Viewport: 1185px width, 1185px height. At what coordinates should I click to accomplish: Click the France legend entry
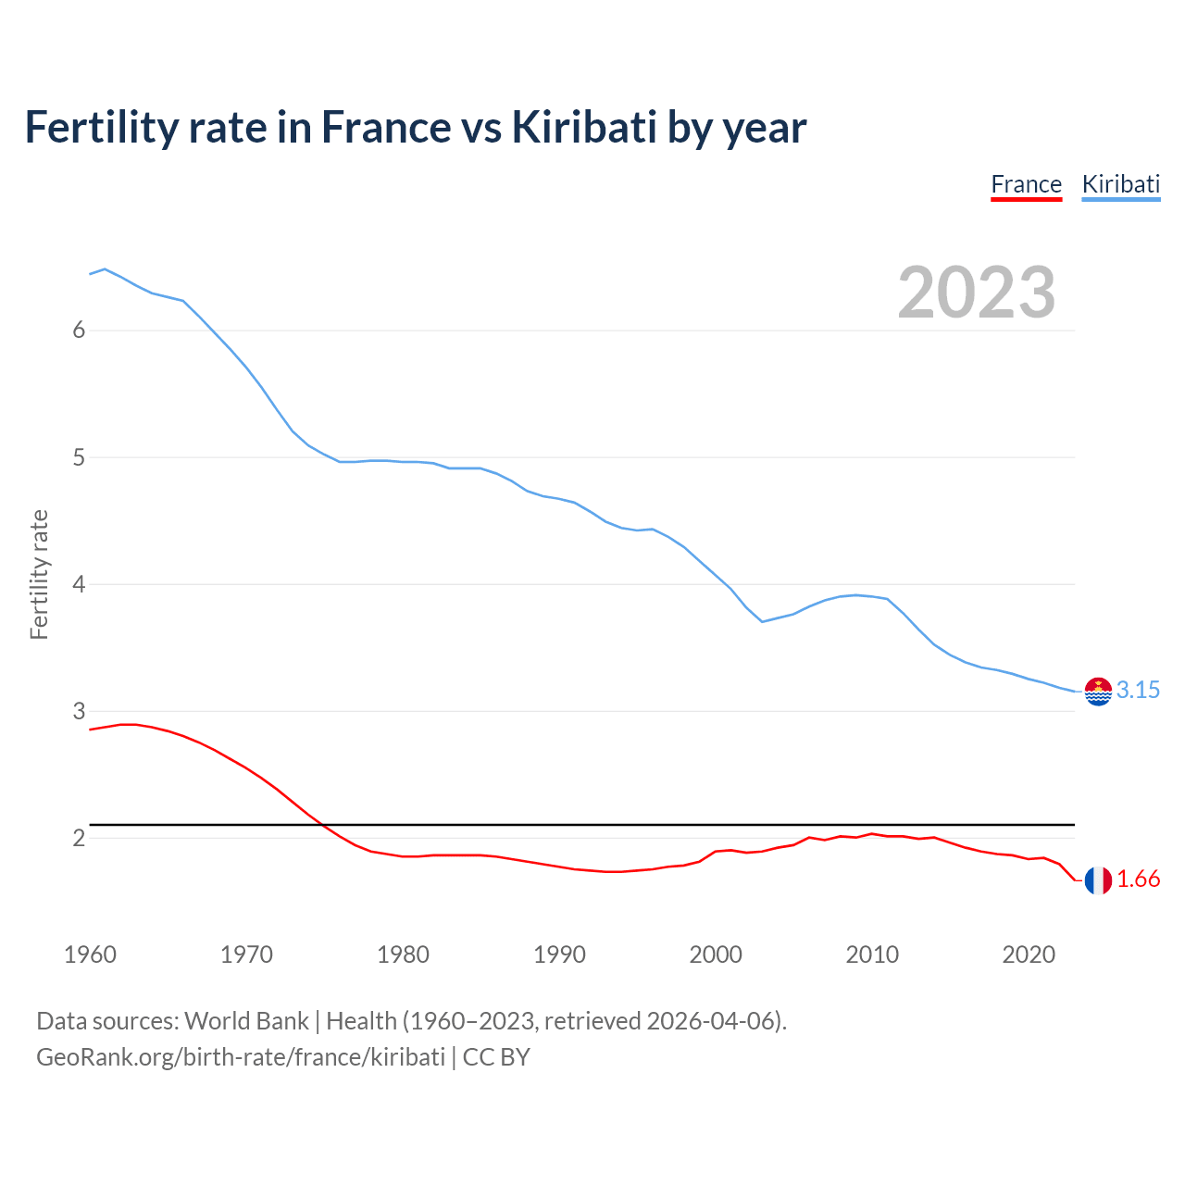pos(1026,184)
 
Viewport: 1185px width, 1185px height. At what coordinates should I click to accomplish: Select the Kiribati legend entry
pos(1120,184)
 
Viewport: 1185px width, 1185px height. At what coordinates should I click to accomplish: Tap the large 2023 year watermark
pos(977,293)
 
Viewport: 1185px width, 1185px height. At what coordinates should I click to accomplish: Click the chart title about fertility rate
pos(416,127)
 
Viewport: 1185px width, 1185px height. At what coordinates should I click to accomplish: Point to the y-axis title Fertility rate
pos(39,574)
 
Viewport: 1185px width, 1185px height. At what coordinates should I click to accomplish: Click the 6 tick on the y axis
pos(79,331)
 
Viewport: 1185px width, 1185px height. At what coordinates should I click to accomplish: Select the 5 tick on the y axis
pos(79,457)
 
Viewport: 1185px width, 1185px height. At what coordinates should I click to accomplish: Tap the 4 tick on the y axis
pos(79,584)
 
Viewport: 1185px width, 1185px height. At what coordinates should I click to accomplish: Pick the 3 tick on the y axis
pos(79,711)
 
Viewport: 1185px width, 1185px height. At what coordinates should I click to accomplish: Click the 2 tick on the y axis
pos(79,838)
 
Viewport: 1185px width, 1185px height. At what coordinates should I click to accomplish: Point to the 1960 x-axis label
pos(90,954)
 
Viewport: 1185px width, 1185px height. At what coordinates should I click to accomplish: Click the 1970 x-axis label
pos(246,954)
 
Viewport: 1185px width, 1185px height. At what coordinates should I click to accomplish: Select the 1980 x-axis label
pos(403,954)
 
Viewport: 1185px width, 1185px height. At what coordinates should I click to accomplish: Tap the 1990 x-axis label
pos(559,954)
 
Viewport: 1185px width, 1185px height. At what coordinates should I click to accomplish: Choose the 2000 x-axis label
pos(716,954)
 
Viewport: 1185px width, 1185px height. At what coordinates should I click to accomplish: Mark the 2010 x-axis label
pos(872,954)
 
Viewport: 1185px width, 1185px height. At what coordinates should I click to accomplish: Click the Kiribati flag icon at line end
pos(1098,691)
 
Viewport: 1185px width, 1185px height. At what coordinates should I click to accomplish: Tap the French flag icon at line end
pos(1098,880)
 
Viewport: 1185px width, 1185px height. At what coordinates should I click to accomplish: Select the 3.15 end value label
pos(1138,690)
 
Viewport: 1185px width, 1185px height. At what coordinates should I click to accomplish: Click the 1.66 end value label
pos(1138,879)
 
